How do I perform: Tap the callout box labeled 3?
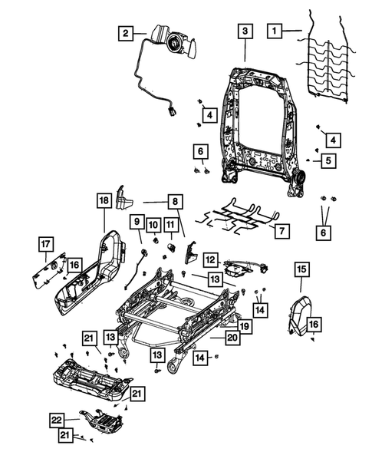[x=244, y=31]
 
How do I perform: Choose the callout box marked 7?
[x=281, y=229]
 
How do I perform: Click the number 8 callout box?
[x=175, y=202]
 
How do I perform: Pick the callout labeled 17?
[x=48, y=245]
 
